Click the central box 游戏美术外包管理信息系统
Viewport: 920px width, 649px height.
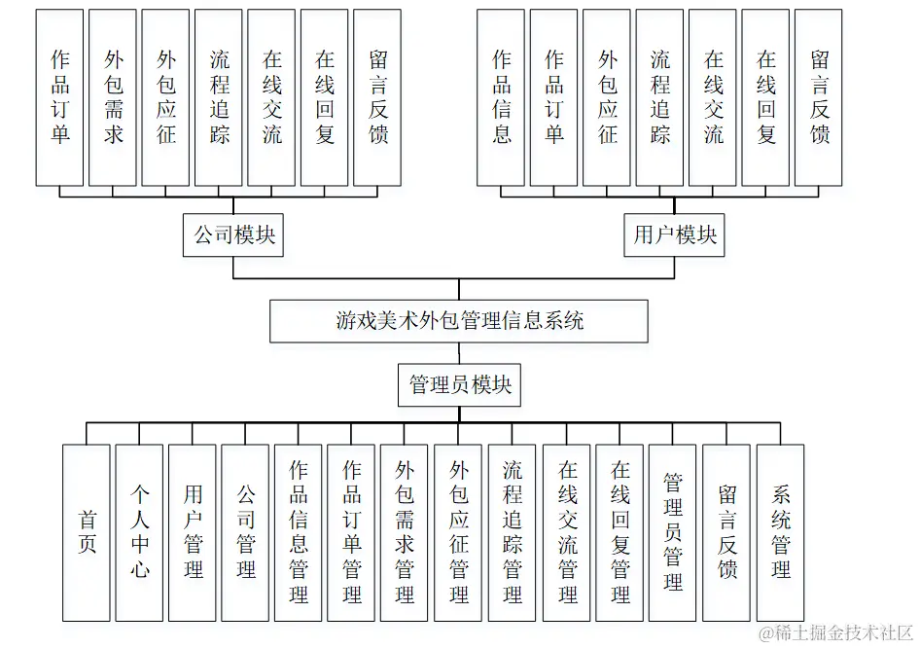tap(459, 321)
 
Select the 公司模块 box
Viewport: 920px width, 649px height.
tap(233, 235)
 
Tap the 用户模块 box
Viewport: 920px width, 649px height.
tap(675, 235)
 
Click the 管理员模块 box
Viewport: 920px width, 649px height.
tap(460, 385)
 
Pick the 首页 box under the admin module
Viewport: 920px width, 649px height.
tap(87, 532)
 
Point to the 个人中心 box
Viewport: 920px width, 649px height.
tap(139, 532)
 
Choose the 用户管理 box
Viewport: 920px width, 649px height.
tap(193, 532)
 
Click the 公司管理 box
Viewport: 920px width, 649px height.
tap(245, 532)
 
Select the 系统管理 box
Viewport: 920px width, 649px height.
tap(780, 532)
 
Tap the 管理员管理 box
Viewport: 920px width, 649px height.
tap(673, 532)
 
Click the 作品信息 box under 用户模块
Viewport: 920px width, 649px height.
tap(501, 97)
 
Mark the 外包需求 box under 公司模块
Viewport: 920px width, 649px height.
tap(113, 97)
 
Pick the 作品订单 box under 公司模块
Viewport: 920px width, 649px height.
tap(60, 97)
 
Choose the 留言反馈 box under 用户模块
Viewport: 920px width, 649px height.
tap(819, 97)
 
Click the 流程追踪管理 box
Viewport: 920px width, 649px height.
tap(513, 532)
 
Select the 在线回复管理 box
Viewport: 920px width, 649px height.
tap(619, 532)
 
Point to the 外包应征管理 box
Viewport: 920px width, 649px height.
tap(459, 532)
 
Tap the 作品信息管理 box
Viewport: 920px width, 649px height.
tap(299, 532)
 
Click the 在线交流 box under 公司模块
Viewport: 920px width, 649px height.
tap(271, 97)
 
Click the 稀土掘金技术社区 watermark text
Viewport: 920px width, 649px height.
tap(837, 633)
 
